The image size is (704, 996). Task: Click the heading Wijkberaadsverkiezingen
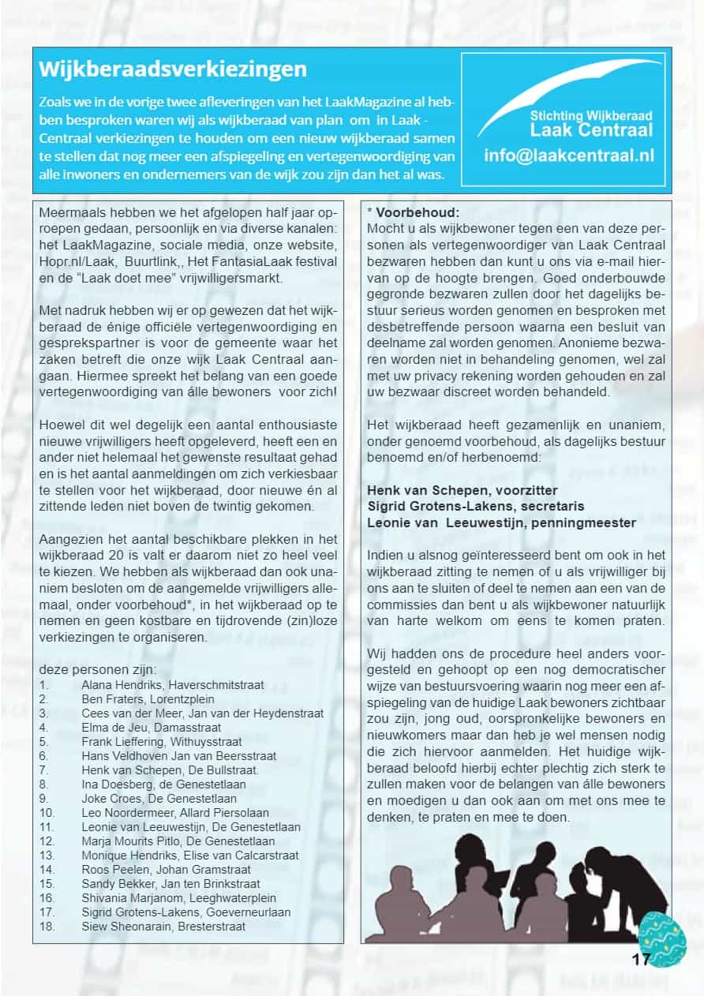pyautogui.click(x=173, y=69)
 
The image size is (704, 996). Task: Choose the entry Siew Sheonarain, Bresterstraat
pyautogui.click(x=163, y=926)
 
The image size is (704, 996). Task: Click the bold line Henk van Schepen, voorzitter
pyautogui.click(x=462, y=490)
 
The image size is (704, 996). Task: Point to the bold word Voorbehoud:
pyautogui.click(x=418, y=212)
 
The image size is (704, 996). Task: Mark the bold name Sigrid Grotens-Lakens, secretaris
pyautogui.click(x=476, y=506)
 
